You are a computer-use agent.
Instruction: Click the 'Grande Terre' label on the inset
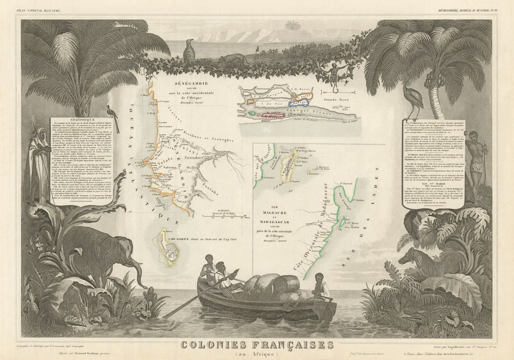click(334, 99)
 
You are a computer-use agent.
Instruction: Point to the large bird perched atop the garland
click(189, 53)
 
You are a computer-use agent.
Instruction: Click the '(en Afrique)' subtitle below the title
click(257, 354)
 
